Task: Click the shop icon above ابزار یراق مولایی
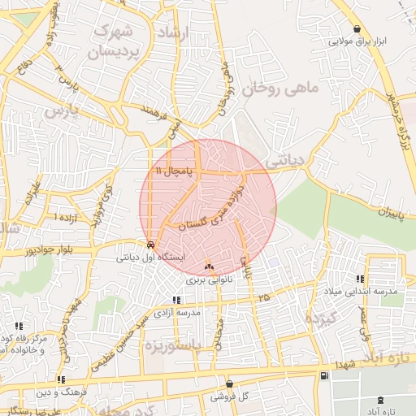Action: pos(358,28)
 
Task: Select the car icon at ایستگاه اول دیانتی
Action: pos(152,245)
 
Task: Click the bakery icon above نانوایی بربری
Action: pos(210,266)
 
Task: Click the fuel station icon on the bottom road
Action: pos(325,375)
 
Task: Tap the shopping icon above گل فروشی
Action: pos(229,383)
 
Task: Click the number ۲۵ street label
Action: pos(262,298)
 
